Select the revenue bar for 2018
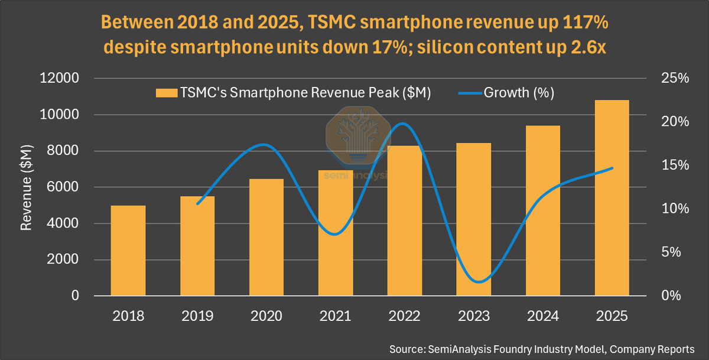128,251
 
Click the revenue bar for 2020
266,237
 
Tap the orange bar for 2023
474,219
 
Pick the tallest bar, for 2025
612,197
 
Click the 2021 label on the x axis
336,316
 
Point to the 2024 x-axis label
543,316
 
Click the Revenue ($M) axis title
27,187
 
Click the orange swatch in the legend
166,93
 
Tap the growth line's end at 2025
612,168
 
